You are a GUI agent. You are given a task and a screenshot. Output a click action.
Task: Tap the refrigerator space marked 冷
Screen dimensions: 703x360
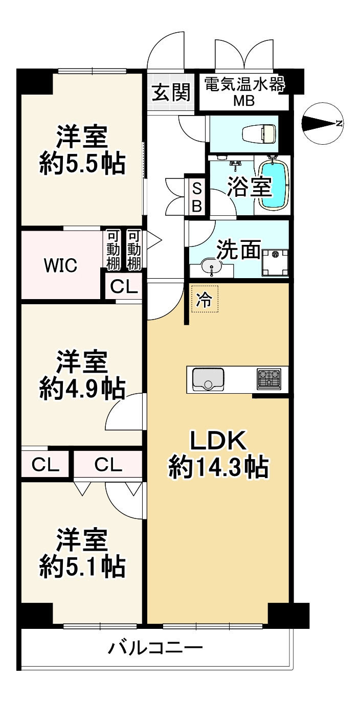pos(205,299)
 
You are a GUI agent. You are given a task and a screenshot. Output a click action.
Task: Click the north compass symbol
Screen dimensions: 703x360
pos(323,123)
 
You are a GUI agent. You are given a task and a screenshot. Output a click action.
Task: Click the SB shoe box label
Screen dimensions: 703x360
pos(197,197)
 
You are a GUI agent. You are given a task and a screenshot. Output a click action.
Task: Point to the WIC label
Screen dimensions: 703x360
pos(60,265)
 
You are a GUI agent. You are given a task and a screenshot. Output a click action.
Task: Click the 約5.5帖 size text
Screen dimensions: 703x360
pos(82,165)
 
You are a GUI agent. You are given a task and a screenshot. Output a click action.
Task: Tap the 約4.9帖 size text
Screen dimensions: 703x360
pos(82,389)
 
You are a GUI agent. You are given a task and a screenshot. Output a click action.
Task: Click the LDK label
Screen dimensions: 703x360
pos(218,440)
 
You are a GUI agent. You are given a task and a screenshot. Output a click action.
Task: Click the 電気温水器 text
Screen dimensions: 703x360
pos(244,84)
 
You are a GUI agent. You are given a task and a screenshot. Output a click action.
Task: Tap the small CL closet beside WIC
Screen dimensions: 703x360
pos(124,287)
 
